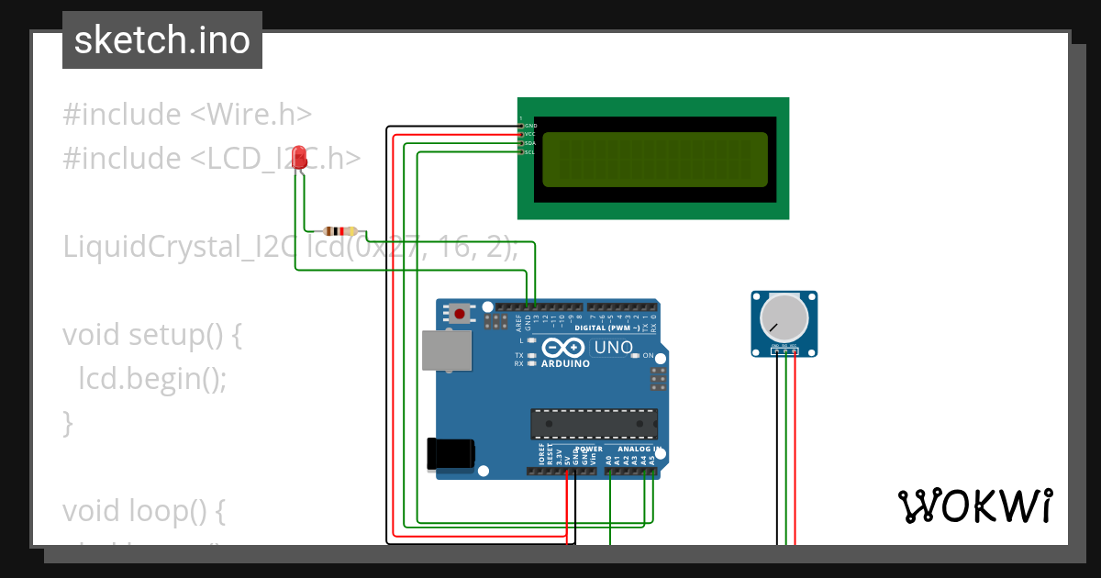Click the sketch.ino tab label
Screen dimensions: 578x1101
pos(161,40)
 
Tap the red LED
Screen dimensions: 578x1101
pos(299,160)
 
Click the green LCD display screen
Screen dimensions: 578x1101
pos(654,160)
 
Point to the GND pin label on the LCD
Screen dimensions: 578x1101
pos(530,125)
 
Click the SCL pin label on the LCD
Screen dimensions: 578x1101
pos(529,152)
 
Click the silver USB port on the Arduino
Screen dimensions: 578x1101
pos(446,350)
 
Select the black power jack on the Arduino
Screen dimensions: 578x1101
pos(451,454)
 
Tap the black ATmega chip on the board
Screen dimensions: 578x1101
pos(594,423)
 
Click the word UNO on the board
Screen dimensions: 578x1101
pos(614,348)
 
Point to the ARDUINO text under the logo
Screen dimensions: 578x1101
pos(565,363)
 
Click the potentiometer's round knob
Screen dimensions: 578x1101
pos(785,317)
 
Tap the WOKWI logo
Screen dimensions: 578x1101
pos(974,506)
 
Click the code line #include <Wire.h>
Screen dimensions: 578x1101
pos(187,115)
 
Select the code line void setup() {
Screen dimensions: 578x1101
pos(152,335)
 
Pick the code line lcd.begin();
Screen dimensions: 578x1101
pos(152,378)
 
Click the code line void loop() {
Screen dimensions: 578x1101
pos(143,510)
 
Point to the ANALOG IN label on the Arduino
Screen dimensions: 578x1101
pos(639,449)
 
